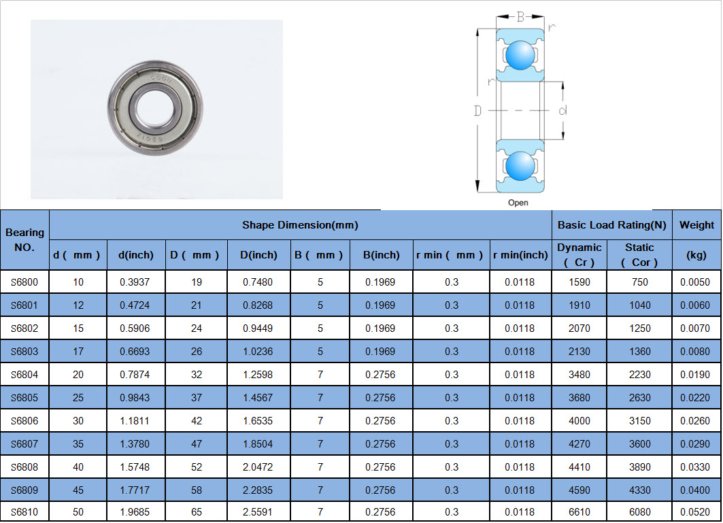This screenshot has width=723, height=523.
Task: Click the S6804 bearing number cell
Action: coord(24,375)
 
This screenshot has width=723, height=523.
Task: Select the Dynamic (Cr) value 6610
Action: coord(579,512)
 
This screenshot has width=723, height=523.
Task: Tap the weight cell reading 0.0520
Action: coord(695,512)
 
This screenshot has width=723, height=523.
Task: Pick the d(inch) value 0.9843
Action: coord(135,398)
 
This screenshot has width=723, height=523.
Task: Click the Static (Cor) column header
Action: coord(639,254)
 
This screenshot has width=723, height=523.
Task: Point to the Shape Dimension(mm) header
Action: coord(300,225)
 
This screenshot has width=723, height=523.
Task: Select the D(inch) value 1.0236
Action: coord(258,352)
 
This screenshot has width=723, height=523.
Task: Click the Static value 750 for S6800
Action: coord(639,282)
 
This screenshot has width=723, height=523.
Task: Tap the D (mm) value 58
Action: coord(197,490)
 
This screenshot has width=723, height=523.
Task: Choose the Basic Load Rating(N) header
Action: coord(612,225)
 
